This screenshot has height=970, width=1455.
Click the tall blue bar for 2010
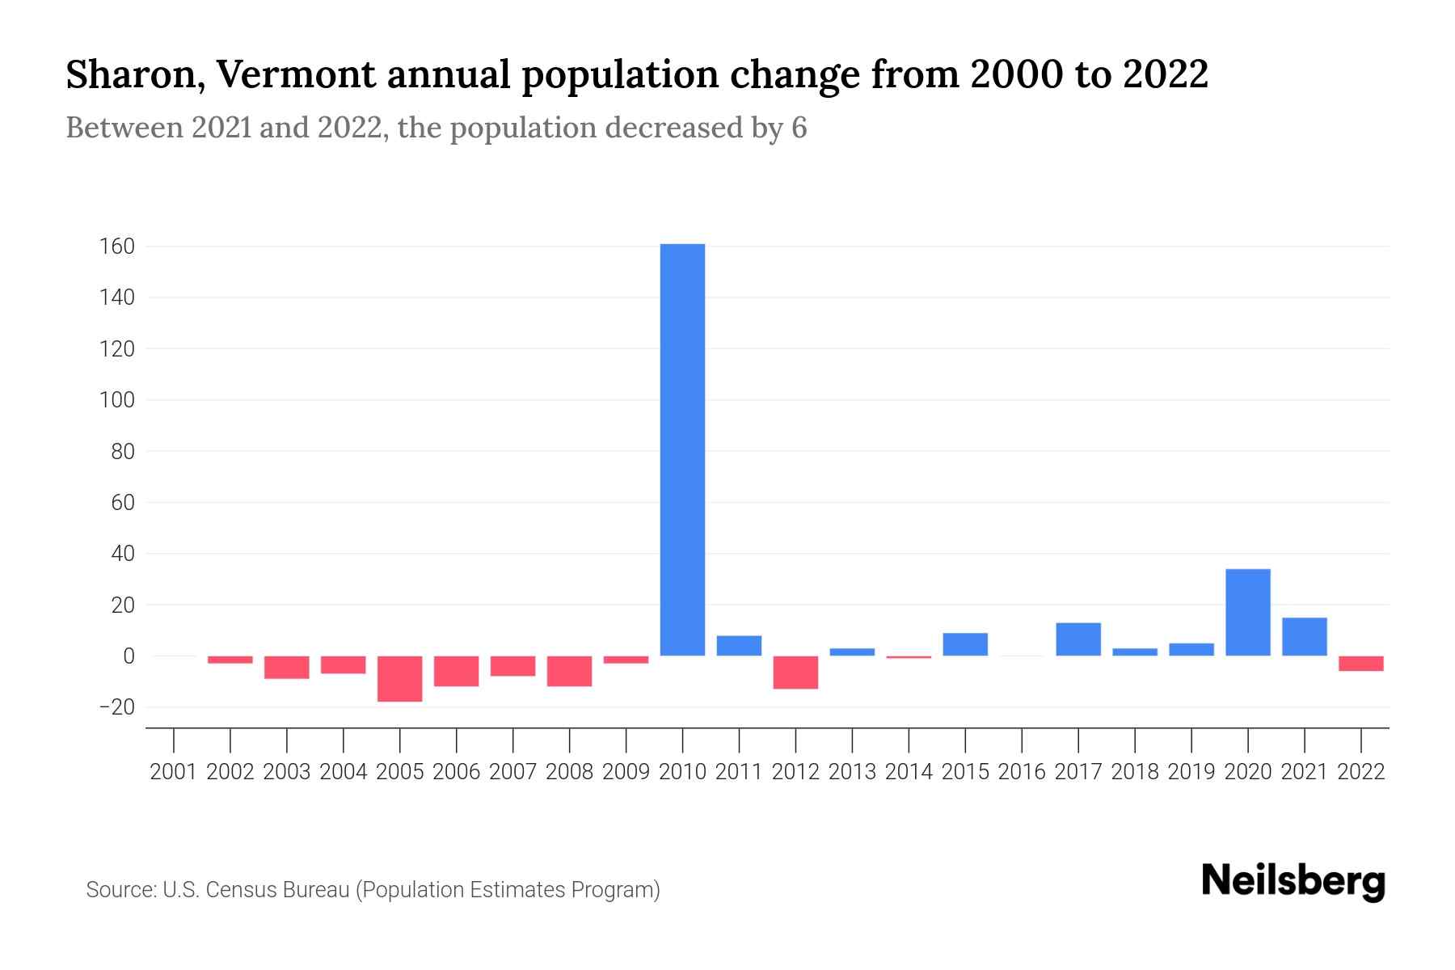click(682, 449)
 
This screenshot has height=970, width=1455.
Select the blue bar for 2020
click(1247, 613)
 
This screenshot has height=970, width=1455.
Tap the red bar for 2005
click(400, 679)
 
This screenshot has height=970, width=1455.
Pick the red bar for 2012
click(795, 673)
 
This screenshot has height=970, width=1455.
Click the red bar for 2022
click(1360, 664)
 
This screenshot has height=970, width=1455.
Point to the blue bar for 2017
click(1078, 639)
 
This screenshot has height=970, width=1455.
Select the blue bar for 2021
click(1304, 637)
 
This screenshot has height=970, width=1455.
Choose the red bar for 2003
click(287, 668)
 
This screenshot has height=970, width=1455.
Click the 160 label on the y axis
click(117, 247)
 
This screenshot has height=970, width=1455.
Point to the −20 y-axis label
click(116, 707)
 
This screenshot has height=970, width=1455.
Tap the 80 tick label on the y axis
click(122, 451)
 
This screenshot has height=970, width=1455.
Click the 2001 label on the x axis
click(174, 772)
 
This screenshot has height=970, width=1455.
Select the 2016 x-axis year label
click(1022, 772)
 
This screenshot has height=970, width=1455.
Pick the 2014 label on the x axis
click(909, 772)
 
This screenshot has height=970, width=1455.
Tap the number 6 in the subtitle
click(799, 129)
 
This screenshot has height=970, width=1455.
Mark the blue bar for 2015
click(965, 644)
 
